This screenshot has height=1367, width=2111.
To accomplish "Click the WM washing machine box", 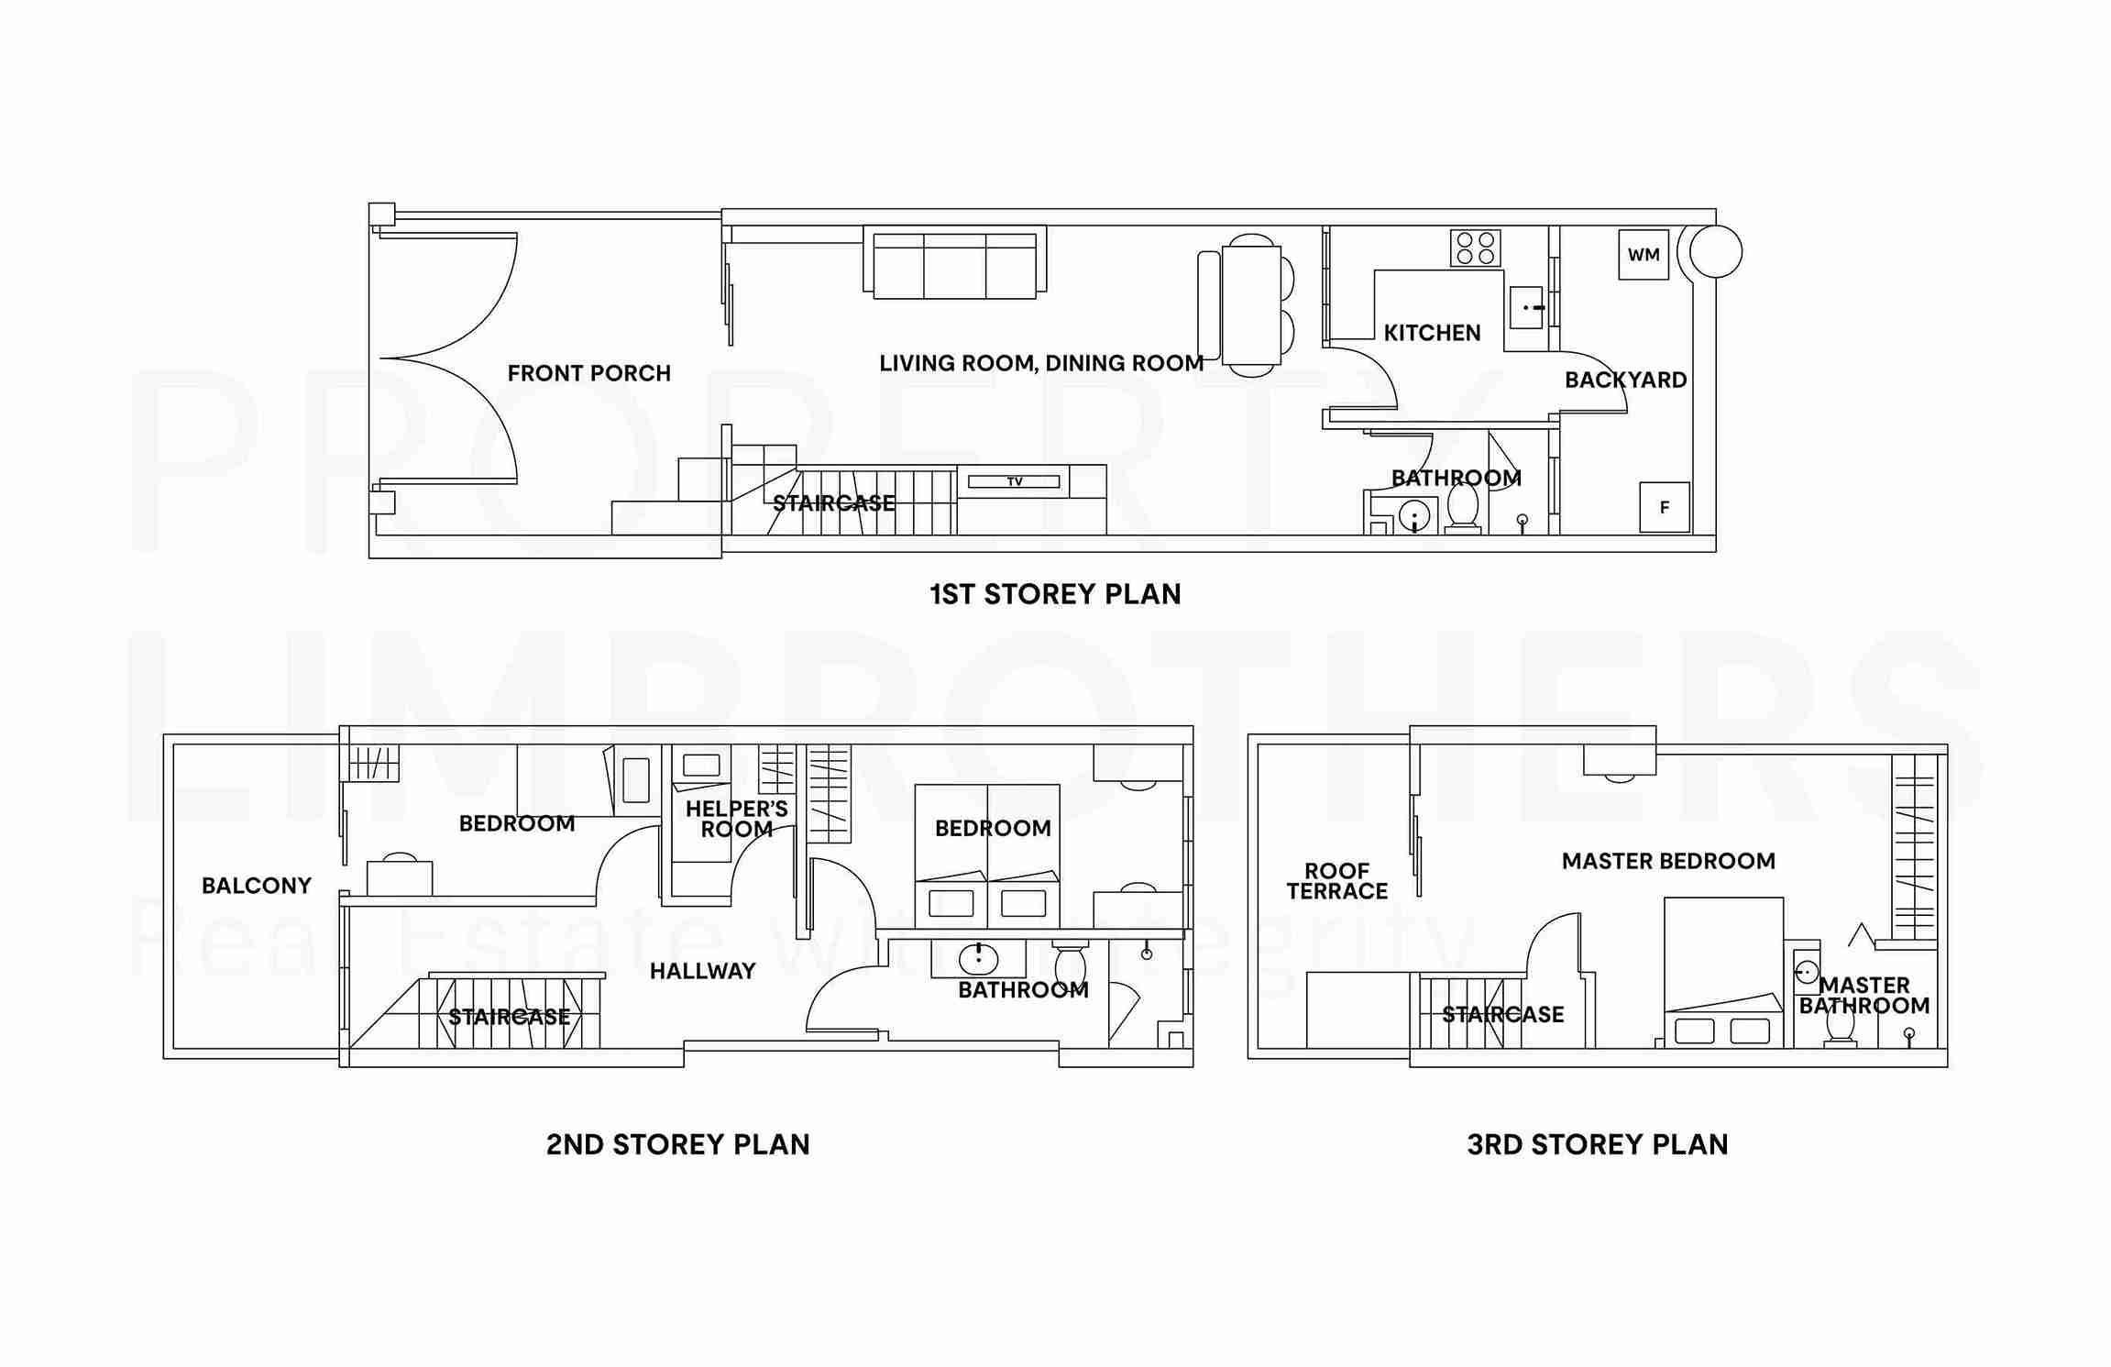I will (x=1643, y=255).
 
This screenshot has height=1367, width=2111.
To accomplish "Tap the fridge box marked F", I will (x=1664, y=507).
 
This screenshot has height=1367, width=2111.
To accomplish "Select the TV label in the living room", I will (x=1015, y=481).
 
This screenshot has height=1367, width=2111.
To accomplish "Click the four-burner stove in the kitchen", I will (x=1475, y=248).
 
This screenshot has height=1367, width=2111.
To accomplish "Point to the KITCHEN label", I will (x=1432, y=333).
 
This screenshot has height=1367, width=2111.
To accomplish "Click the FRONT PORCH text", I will (x=588, y=373).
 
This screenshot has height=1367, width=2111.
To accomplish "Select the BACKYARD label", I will (x=1625, y=380).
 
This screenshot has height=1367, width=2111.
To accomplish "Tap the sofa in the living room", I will (x=954, y=264).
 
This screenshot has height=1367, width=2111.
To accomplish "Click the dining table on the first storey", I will (x=1250, y=304).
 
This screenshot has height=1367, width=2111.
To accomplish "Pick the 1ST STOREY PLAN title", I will (x=1055, y=594).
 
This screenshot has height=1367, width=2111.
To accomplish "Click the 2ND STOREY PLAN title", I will (x=677, y=1144).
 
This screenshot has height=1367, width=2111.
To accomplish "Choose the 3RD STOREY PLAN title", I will (x=1597, y=1144).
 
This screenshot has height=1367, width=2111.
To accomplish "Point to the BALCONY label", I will (x=257, y=886).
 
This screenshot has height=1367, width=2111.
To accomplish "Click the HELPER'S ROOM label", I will (x=736, y=819).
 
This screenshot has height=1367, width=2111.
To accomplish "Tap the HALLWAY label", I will (x=702, y=971).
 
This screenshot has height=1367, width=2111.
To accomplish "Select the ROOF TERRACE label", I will (x=1336, y=881).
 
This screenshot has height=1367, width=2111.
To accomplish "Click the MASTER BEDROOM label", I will (x=1668, y=861).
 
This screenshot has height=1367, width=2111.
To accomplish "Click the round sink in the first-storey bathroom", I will (x=1416, y=515).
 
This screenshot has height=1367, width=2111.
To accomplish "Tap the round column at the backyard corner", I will (x=1715, y=251).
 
